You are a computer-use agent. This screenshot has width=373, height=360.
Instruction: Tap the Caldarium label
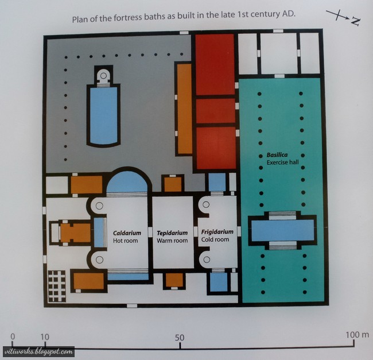[x=127, y=233]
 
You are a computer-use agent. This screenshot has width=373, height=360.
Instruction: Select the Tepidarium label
[x=172, y=233]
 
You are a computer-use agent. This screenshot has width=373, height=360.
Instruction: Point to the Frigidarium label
[x=217, y=232]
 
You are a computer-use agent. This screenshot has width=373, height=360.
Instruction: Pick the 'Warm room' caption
[x=172, y=241]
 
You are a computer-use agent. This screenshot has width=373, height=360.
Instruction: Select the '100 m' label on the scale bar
[x=358, y=334]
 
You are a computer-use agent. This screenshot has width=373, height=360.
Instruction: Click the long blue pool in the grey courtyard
[x=103, y=115]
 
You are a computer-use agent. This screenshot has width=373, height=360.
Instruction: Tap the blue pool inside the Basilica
[x=281, y=230]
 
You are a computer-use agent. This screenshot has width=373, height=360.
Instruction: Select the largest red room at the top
[x=215, y=64]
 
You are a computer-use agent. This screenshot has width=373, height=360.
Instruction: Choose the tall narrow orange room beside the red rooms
[x=184, y=109]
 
